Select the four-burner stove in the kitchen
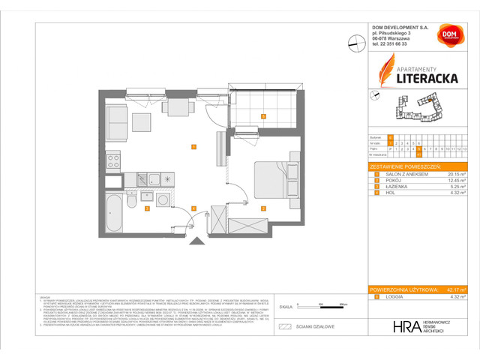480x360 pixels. click(114, 159)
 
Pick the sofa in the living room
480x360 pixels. click(118, 118)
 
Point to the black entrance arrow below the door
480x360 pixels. click(198, 240)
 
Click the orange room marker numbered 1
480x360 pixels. click(193, 147)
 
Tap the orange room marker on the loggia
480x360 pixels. click(262, 116)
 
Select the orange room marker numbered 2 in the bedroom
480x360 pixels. click(262, 208)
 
